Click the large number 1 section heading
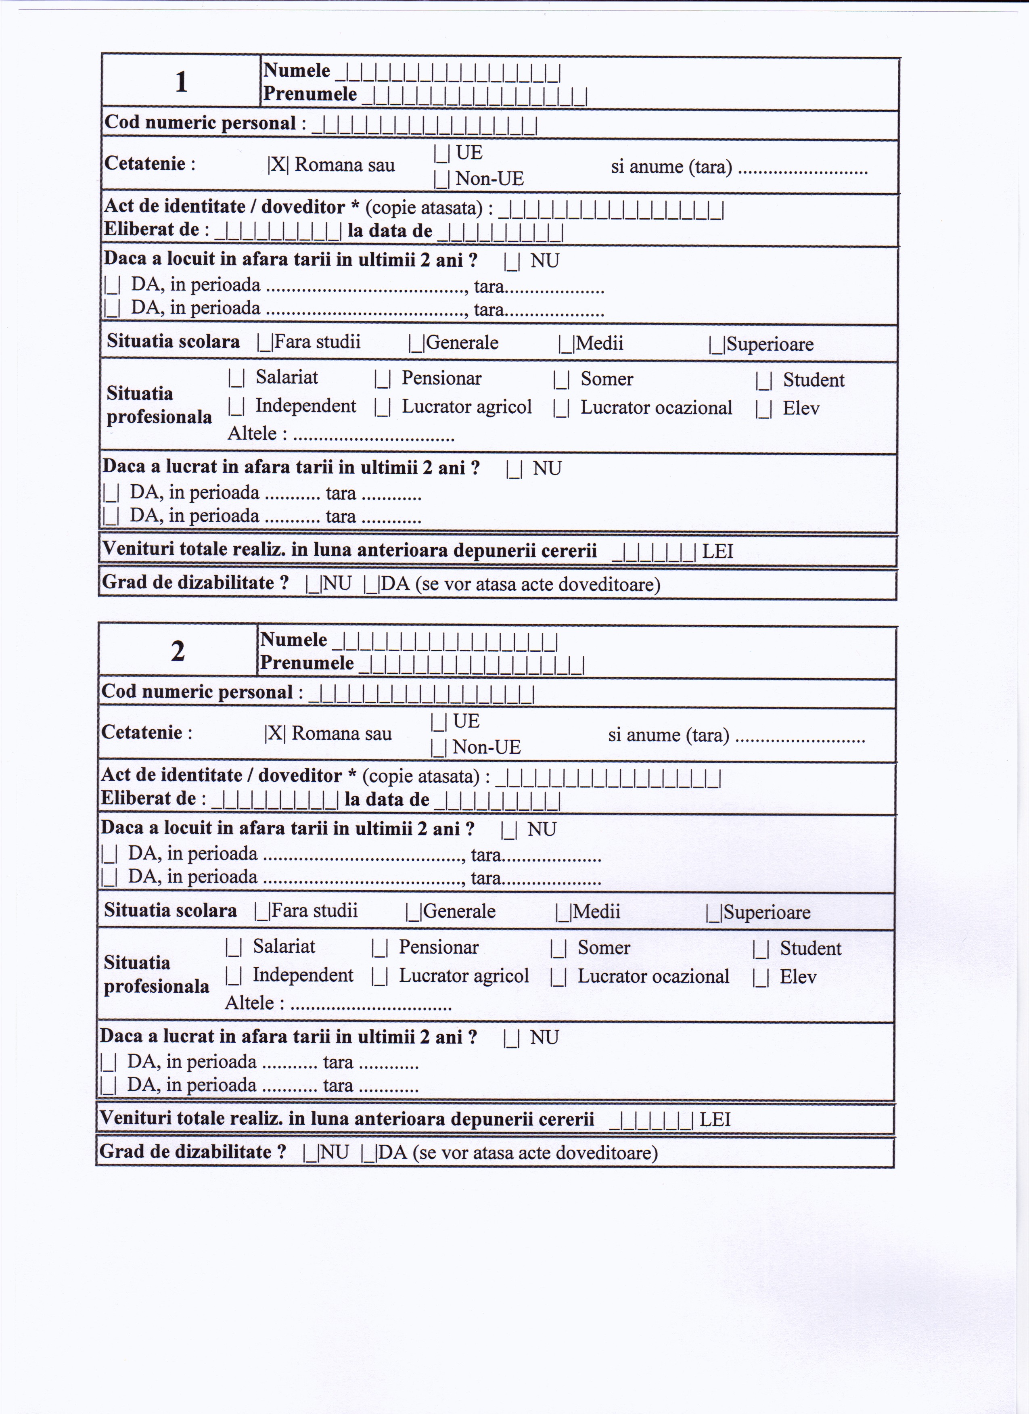coord(181,82)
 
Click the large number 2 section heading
coord(178,651)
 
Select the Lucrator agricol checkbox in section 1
coord(382,408)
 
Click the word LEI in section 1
coord(717,552)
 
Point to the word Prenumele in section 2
coord(307,663)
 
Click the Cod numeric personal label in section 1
coord(199,123)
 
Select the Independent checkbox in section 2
coord(233,976)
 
